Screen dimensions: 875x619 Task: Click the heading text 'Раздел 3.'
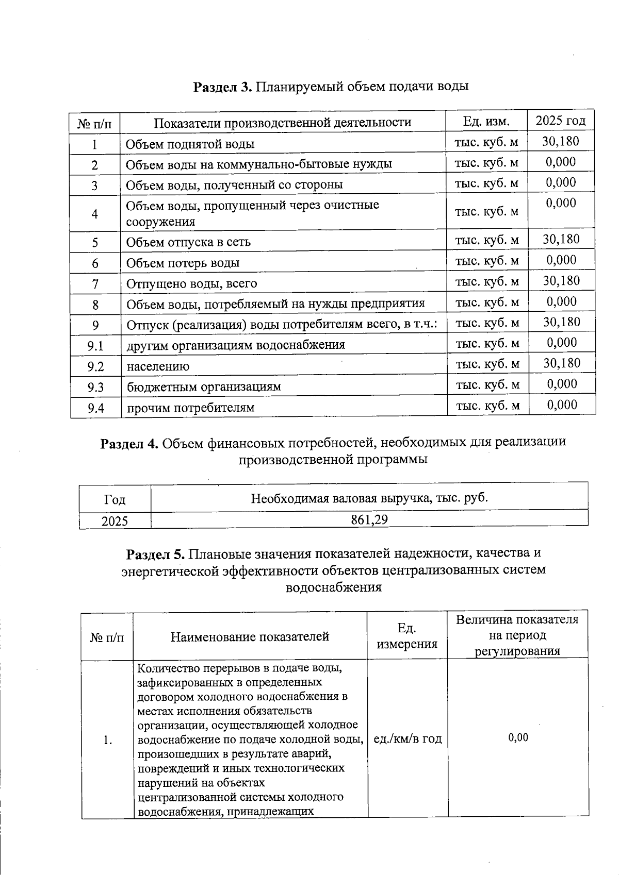(222, 87)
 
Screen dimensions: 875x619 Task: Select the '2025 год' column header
(561, 121)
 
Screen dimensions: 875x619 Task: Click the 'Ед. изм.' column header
(486, 122)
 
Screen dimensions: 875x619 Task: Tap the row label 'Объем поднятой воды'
(190, 144)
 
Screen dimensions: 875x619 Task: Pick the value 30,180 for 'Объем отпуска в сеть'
(561, 239)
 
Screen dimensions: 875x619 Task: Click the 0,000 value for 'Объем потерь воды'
(561, 260)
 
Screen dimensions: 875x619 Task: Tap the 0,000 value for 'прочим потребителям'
(562, 405)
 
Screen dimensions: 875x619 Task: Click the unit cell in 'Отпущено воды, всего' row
(486, 281)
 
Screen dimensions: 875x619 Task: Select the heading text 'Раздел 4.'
(129, 443)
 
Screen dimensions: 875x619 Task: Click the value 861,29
(369, 519)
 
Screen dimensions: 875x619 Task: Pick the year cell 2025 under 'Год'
(115, 521)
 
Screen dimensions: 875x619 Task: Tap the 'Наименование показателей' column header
(250, 637)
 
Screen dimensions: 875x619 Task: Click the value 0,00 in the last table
(518, 737)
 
